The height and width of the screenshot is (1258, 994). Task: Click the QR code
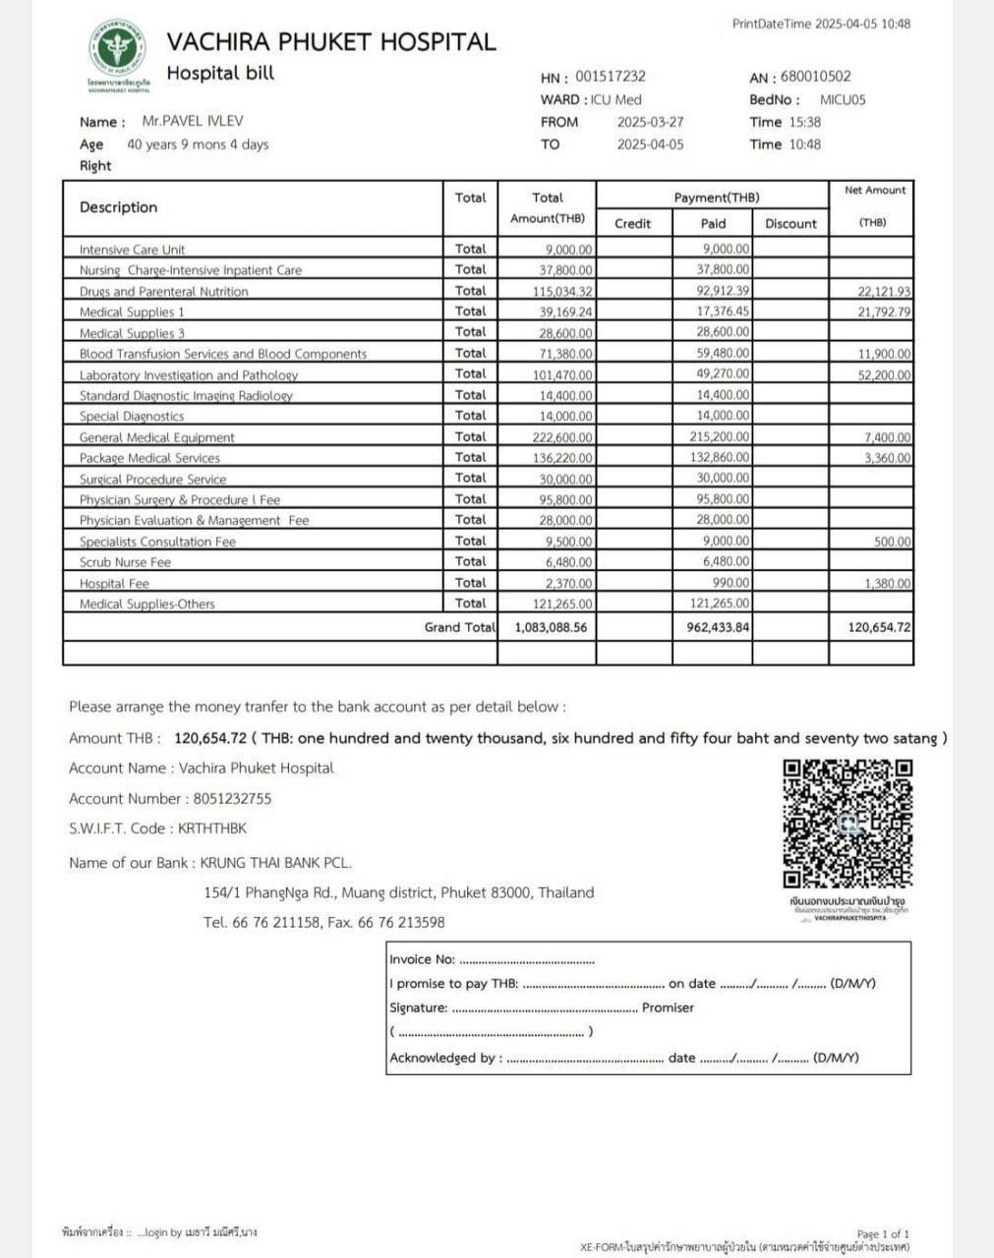point(848,824)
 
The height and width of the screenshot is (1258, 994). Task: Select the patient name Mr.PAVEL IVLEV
point(193,121)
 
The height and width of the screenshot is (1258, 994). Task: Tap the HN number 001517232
point(610,76)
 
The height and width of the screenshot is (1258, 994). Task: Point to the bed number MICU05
point(843,99)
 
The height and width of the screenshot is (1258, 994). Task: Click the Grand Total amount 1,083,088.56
point(551,627)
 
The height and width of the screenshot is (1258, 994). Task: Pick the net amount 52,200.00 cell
point(884,375)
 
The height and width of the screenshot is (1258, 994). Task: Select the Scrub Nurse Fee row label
point(125,562)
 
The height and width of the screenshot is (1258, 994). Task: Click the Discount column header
point(790,223)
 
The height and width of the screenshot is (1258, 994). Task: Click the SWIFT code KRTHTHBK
point(212,828)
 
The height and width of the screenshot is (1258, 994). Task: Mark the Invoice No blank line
point(526,960)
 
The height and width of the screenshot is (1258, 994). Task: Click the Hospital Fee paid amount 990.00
point(732,583)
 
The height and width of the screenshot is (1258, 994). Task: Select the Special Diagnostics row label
point(131,416)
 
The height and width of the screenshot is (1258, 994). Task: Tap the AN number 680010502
point(815,76)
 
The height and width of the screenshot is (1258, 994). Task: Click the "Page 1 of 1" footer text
point(883,1233)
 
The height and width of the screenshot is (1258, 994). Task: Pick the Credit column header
point(632,223)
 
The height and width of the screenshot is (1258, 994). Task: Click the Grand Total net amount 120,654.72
point(879,627)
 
